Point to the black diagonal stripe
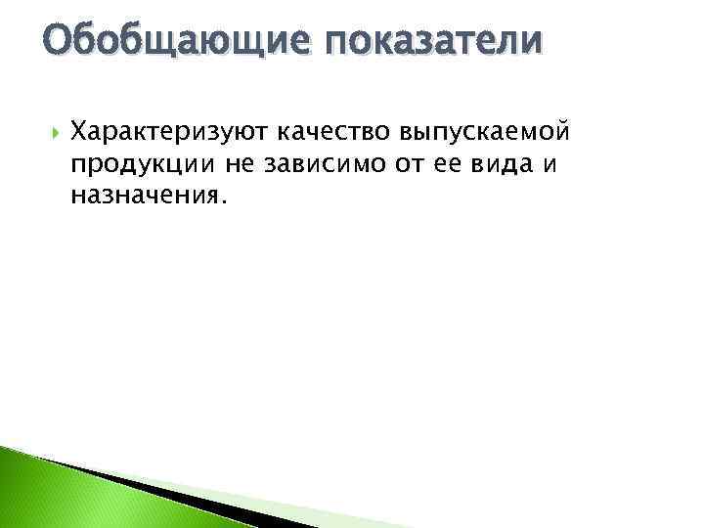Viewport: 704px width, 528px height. coord(147,485)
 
